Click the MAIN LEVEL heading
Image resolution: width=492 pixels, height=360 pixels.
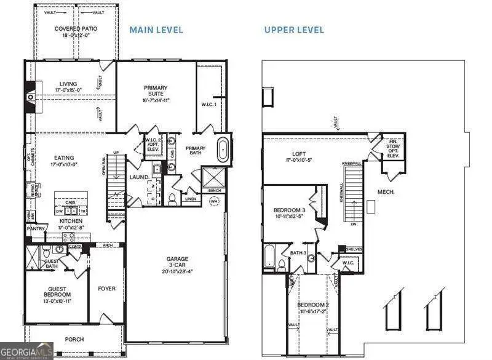(156, 30)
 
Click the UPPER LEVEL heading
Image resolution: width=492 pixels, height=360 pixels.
(294, 30)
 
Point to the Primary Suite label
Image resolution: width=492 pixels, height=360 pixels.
(156, 91)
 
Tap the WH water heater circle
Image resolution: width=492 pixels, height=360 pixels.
(214, 201)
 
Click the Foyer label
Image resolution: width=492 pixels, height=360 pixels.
(107, 288)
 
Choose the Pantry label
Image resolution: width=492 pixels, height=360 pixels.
(35, 228)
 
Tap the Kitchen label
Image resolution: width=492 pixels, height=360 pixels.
(70, 220)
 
